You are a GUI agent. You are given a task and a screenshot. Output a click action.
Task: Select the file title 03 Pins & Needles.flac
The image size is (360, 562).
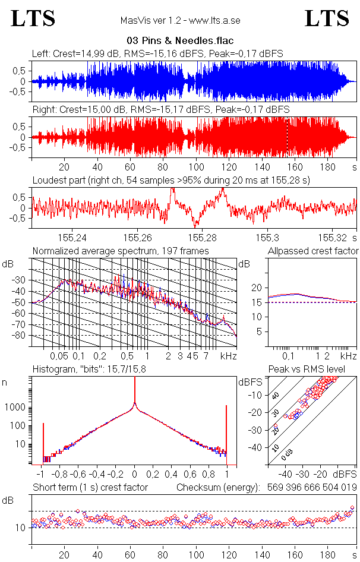click(179, 41)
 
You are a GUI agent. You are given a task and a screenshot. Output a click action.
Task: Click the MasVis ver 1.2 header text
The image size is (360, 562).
click(180, 20)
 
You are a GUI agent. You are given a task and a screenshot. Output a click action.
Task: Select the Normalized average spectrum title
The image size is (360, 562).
click(121, 251)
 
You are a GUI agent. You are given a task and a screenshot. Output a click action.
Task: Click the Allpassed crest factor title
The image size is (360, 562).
click(313, 251)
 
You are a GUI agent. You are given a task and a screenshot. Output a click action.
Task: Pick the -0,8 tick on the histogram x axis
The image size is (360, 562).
click(60, 475)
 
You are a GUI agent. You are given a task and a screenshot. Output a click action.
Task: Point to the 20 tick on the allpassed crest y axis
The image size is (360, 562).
click(257, 288)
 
